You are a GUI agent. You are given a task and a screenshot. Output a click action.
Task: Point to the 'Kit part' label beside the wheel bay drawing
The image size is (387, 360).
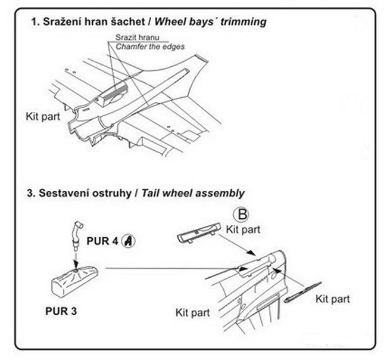click(x=43, y=117)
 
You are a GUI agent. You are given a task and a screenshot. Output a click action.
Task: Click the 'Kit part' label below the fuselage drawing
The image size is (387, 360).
click(x=193, y=311)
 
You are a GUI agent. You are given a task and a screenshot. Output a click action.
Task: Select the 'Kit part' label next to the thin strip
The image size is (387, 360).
click(x=333, y=298)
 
